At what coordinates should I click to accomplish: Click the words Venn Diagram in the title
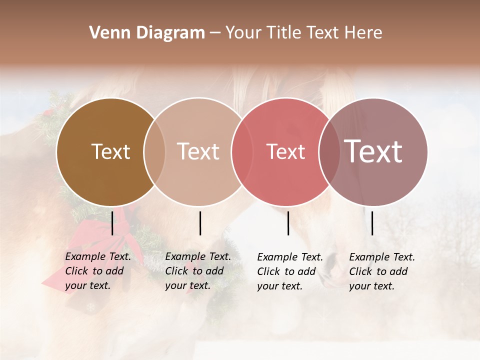[x=147, y=33]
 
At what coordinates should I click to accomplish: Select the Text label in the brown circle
[x=110, y=151]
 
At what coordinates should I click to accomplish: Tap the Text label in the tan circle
[x=198, y=151]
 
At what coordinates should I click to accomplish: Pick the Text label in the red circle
[x=285, y=151]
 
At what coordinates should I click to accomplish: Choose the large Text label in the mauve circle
[x=373, y=151]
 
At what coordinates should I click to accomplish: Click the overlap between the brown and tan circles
[x=154, y=152]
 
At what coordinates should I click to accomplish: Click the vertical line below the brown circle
[x=112, y=223]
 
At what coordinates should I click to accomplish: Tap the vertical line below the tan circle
[x=200, y=223]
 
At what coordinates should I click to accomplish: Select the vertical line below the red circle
[x=288, y=223]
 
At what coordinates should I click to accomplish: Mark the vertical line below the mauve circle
[x=372, y=223]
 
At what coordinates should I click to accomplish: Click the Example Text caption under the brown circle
[x=98, y=271]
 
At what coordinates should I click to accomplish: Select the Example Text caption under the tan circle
[x=198, y=271]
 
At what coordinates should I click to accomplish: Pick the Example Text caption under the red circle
[x=290, y=271]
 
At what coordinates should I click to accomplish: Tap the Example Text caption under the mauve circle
[x=382, y=271]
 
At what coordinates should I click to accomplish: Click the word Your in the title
[x=243, y=33]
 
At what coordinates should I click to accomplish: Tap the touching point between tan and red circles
[x=238, y=152]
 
